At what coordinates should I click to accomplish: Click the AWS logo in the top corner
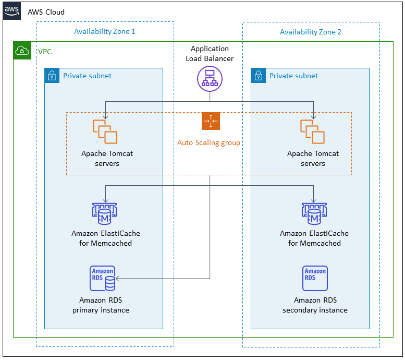tap(12, 11)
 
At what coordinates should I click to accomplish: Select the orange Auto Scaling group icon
tap(211, 121)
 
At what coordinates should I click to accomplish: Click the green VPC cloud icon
tap(22, 51)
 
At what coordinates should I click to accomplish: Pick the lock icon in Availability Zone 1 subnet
tap(52, 76)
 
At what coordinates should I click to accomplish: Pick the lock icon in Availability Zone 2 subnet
tap(259, 76)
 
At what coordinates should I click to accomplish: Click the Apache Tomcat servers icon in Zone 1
tap(105, 131)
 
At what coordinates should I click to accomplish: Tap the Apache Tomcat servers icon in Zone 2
tap(312, 131)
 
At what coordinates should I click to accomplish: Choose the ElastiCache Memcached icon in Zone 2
tap(314, 213)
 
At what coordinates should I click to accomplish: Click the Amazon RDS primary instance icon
tap(103, 279)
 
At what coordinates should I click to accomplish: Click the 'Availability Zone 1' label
tap(104, 32)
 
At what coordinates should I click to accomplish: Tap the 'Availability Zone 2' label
tap(311, 32)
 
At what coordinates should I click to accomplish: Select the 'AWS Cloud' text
tap(46, 12)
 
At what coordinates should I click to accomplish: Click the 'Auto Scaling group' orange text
tap(208, 142)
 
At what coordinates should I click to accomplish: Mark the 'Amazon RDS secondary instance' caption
tap(315, 305)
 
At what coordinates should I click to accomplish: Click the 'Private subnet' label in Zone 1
tap(87, 76)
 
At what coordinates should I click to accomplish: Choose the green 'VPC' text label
tap(45, 52)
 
